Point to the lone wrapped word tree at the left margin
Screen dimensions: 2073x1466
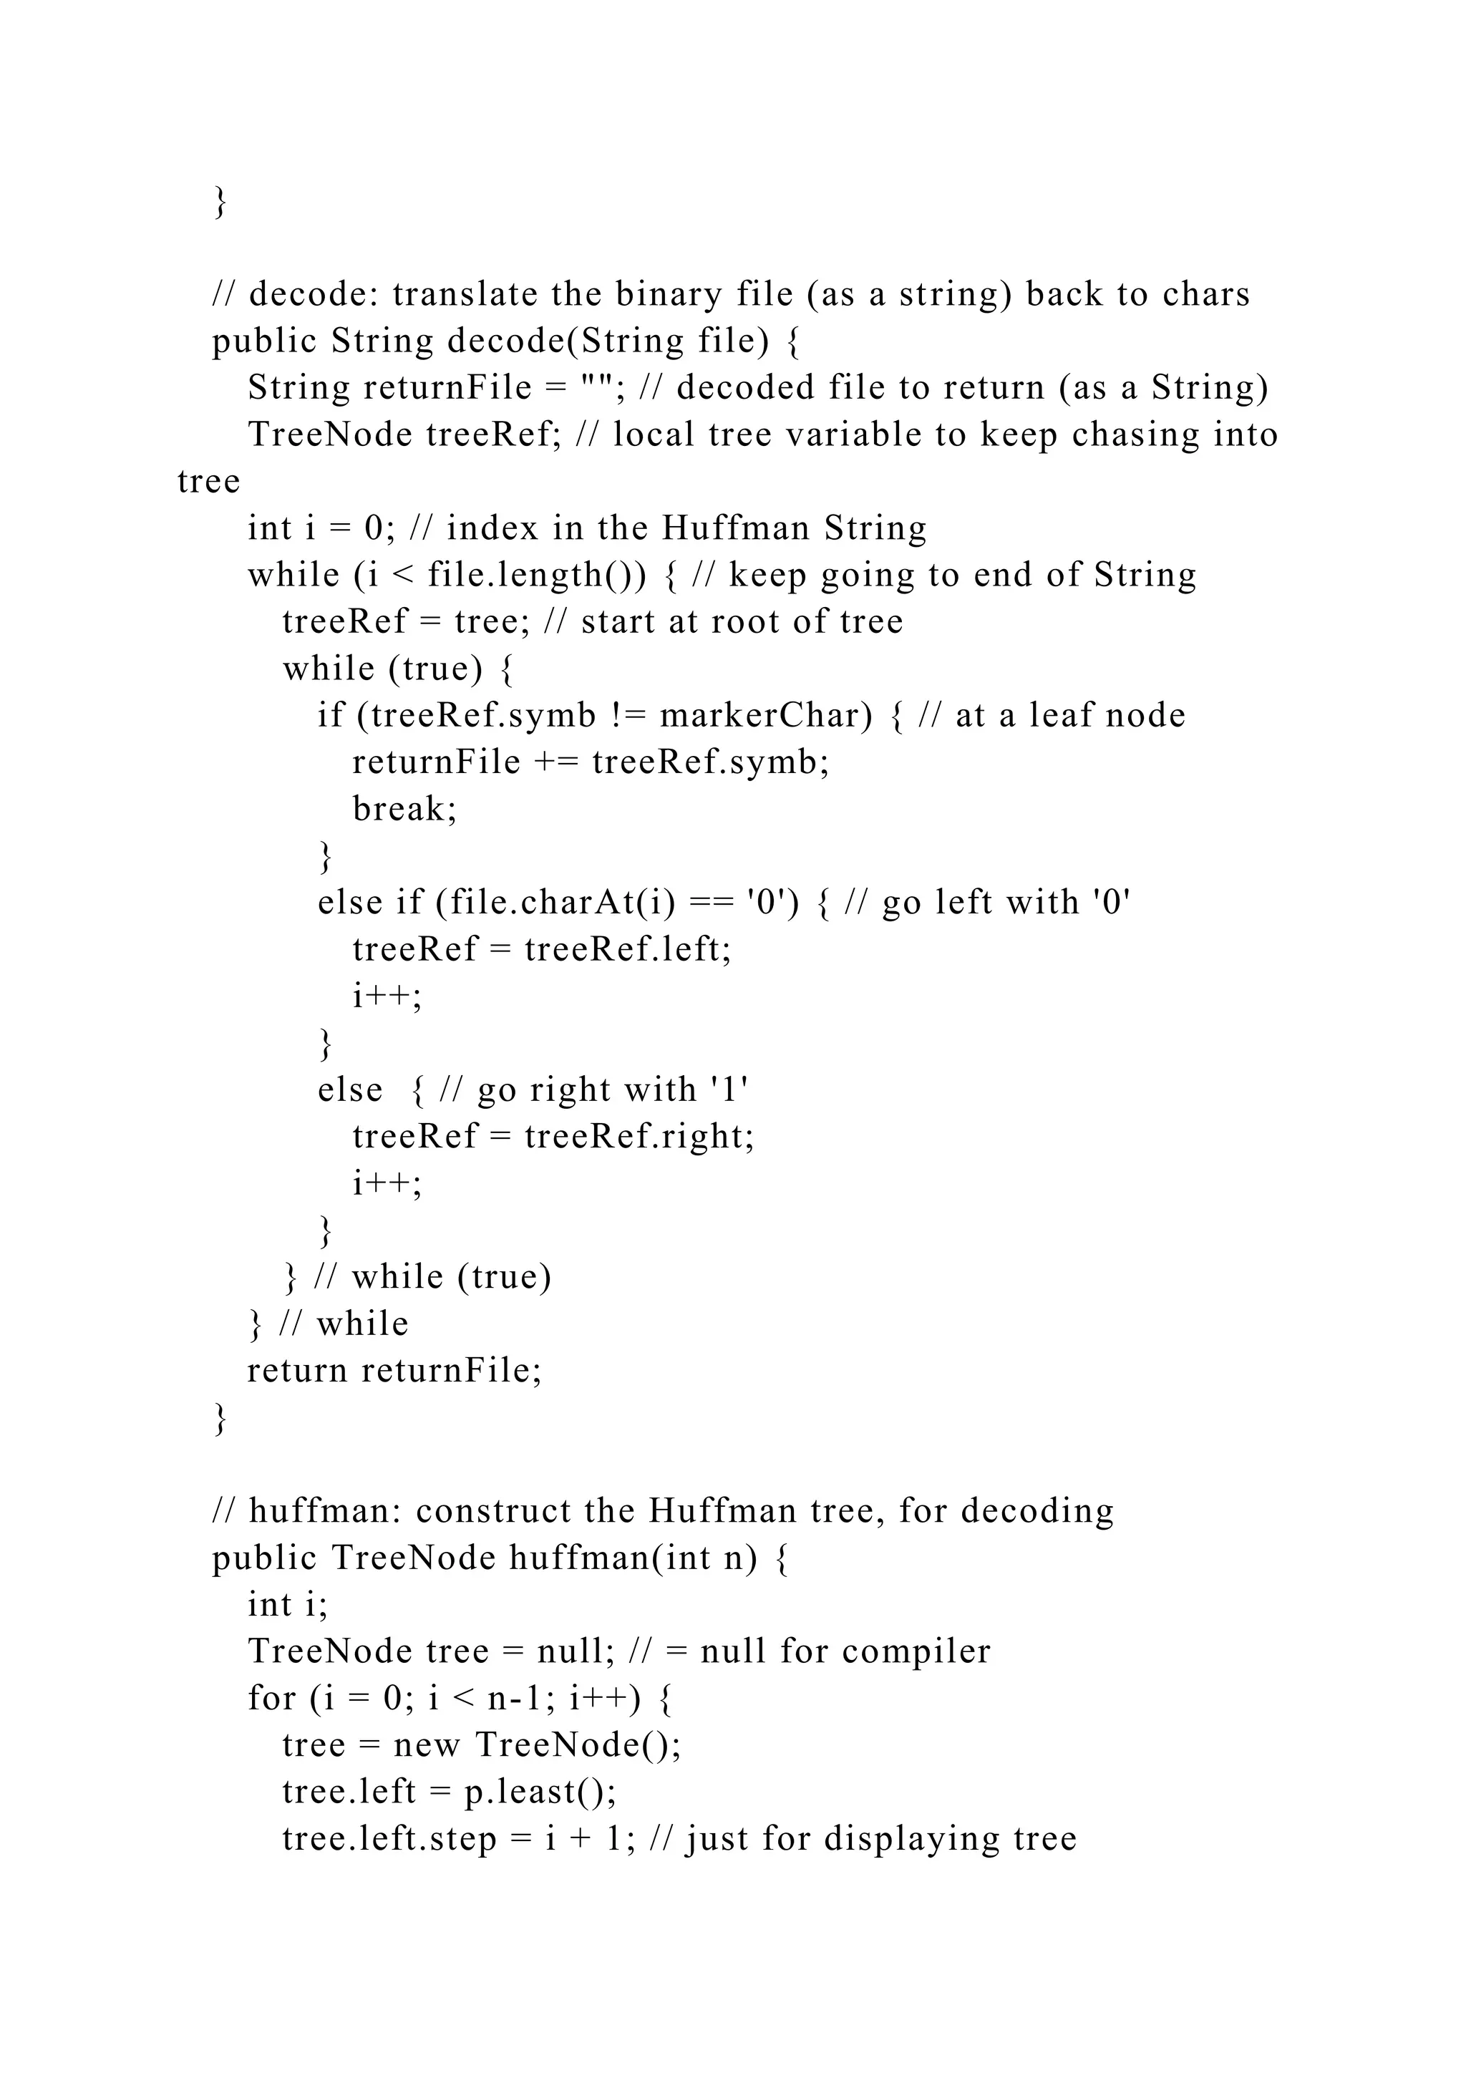pos(208,481)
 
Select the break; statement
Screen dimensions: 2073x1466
pos(404,809)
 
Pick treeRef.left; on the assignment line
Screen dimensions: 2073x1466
pos(627,950)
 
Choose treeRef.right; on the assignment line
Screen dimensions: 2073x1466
pos(639,1137)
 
